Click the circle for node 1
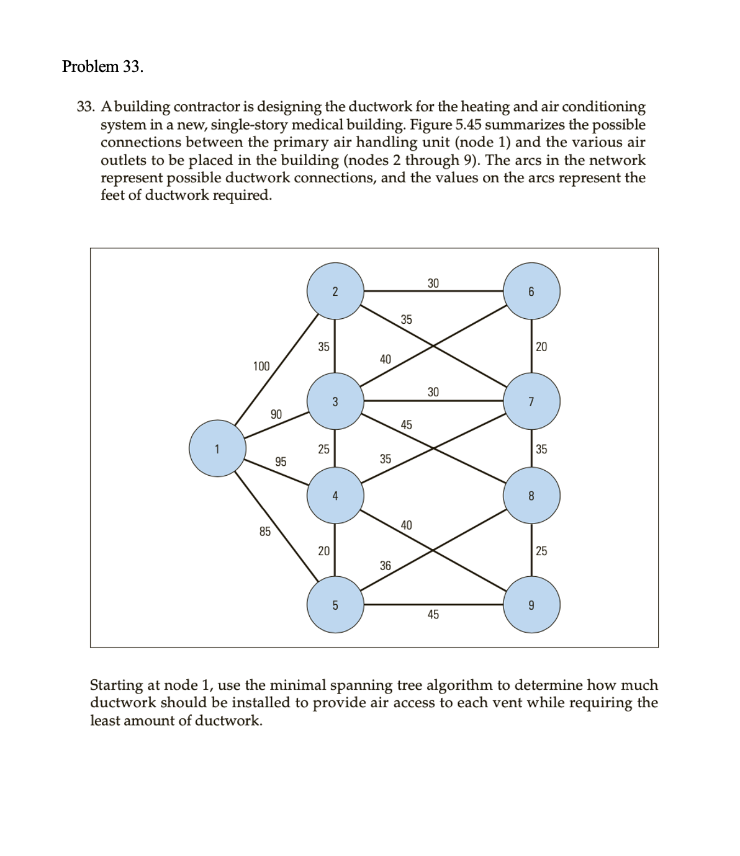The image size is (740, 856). pyautogui.click(x=217, y=448)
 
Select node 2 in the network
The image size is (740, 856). pyautogui.click(x=335, y=292)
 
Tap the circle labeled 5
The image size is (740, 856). pyautogui.click(x=335, y=605)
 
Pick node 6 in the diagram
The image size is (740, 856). pyautogui.click(x=531, y=292)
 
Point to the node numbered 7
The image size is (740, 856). pyautogui.click(x=531, y=401)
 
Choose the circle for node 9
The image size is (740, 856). pyautogui.click(x=531, y=605)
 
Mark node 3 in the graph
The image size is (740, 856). pyautogui.click(x=335, y=401)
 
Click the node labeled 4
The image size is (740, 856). pyautogui.click(x=335, y=495)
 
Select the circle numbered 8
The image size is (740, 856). pyautogui.click(x=531, y=495)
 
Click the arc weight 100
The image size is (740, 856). pyautogui.click(x=261, y=366)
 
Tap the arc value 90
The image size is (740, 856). pyautogui.click(x=276, y=414)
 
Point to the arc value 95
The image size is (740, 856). pyautogui.click(x=281, y=461)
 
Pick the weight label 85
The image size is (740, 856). pyautogui.click(x=265, y=531)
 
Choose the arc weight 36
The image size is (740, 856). pyautogui.click(x=386, y=565)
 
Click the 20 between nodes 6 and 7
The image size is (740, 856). pyautogui.click(x=541, y=347)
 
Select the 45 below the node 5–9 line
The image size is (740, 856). pyautogui.click(x=433, y=614)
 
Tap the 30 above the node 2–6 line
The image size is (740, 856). pyautogui.click(x=433, y=283)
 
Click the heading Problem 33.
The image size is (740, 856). pyautogui.click(x=102, y=66)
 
